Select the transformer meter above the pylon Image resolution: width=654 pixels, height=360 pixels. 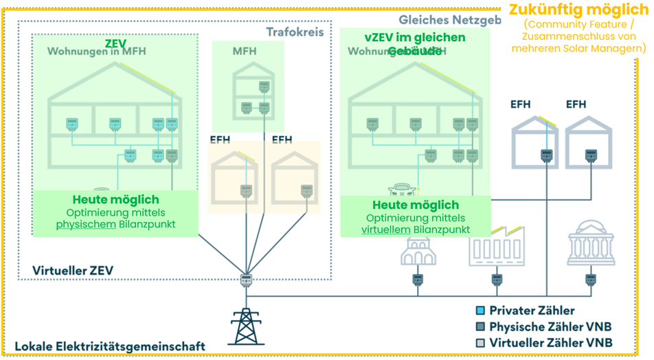pyautogui.click(x=245, y=280)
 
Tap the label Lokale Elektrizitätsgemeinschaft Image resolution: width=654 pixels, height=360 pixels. pyautogui.click(x=110, y=346)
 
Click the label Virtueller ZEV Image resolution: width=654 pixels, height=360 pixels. pyautogui.click(x=72, y=271)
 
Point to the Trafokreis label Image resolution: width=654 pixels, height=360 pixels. pyautogui.click(x=295, y=32)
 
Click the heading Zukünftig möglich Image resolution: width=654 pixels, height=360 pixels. pyautogui.click(x=578, y=10)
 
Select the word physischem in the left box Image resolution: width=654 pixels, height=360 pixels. pyautogui.click(x=86, y=224)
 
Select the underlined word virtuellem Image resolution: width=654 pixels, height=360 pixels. pyautogui.click(x=386, y=229)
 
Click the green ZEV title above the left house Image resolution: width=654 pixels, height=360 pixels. pyautogui.click(x=115, y=43)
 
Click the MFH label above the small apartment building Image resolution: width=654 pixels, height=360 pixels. pyautogui.click(x=244, y=52)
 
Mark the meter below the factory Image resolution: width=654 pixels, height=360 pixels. pyautogui.click(x=496, y=280)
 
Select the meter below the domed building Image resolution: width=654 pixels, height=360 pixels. pyautogui.click(x=590, y=280)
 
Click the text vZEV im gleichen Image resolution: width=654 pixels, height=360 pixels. pyautogui.click(x=414, y=38)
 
